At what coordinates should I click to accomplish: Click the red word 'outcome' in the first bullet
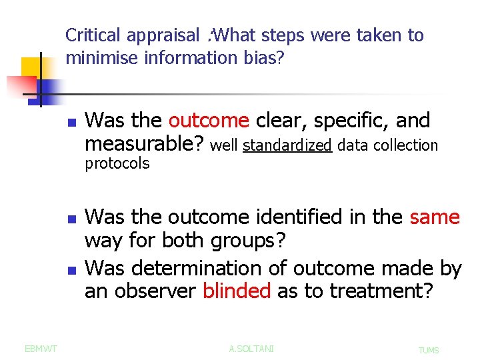click(x=209, y=121)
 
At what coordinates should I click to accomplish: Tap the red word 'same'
click(x=435, y=217)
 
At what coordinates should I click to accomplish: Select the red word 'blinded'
click(x=237, y=291)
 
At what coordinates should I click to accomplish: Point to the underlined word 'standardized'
click(x=287, y=145)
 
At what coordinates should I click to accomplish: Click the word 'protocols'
click(x=117, y=164)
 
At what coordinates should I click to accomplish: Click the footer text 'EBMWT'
click(x=41, y=348)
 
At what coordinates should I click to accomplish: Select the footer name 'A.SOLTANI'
click(x=251, y=349)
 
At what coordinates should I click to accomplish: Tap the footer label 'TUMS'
click(x=428, y=350)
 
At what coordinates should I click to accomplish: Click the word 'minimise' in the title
click(x=97, y=58)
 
